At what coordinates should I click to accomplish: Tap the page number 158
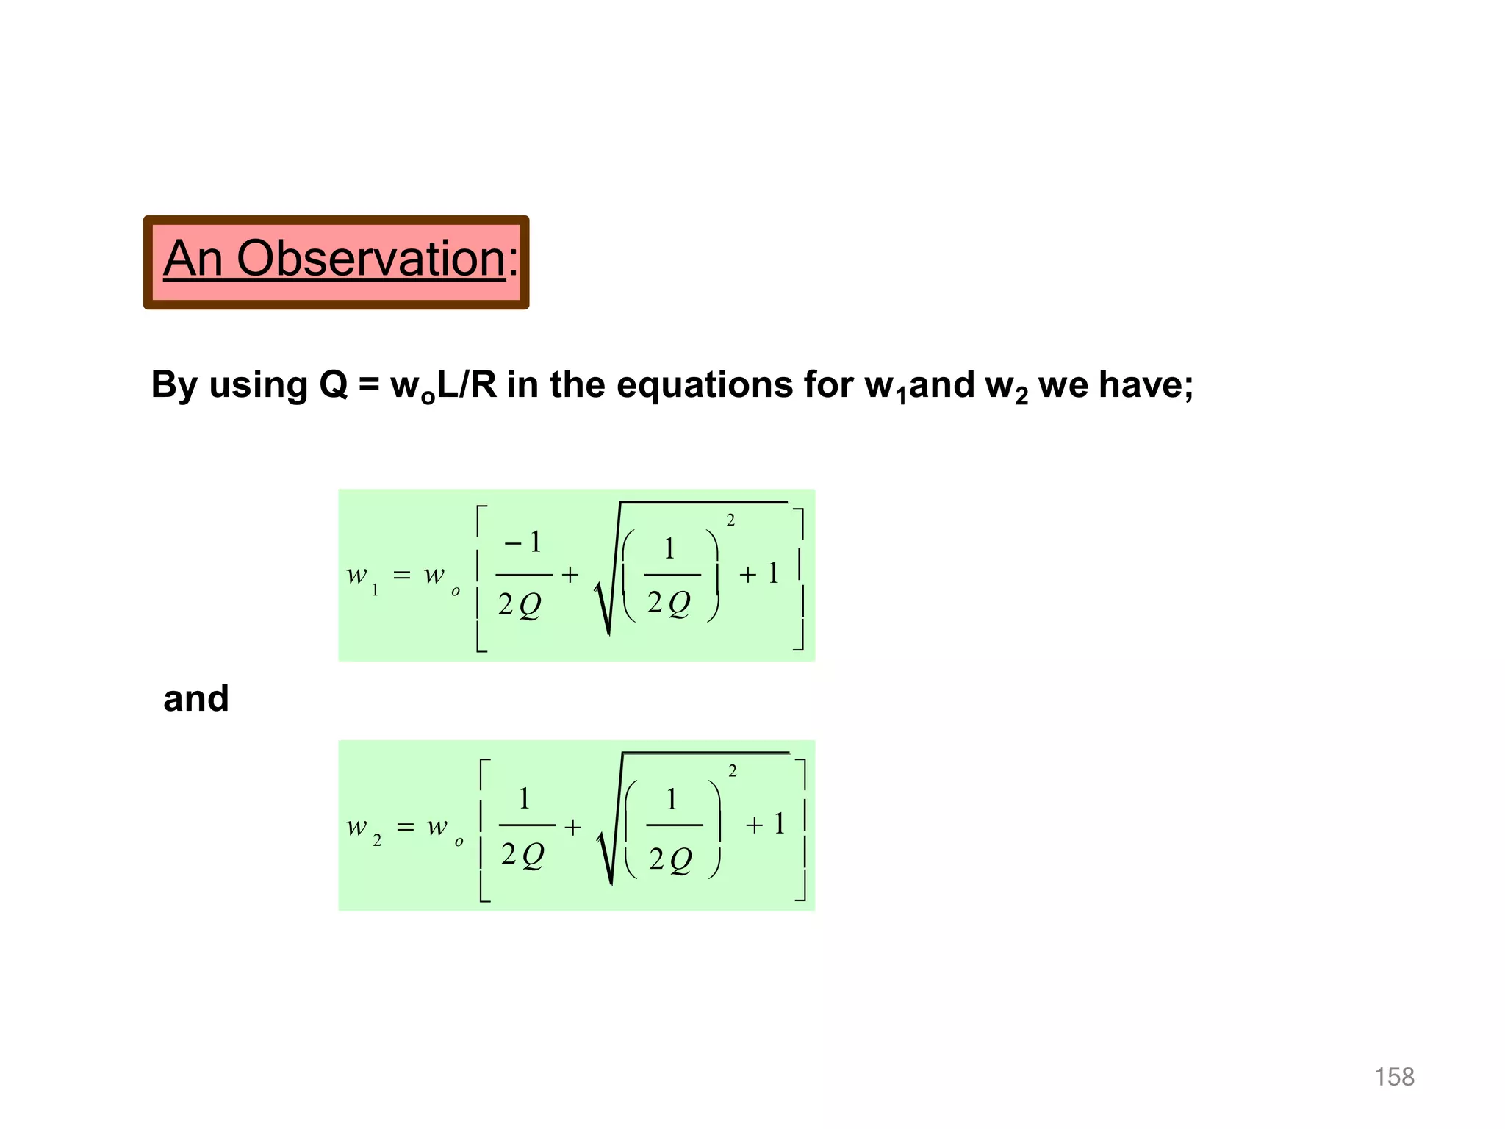point(1394,1077)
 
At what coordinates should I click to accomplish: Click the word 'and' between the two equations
point(195,698)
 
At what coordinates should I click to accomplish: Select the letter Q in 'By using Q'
point(334,384)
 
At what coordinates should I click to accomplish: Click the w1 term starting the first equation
point(362,577)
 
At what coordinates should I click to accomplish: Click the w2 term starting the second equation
point(364,828)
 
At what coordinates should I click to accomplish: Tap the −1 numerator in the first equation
point(523,542)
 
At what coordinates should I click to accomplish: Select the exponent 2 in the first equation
point(730,520)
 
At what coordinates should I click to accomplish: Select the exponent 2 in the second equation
point(732,771)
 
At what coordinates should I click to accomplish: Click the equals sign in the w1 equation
point(402,575)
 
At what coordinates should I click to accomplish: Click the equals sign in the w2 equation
point(405,828)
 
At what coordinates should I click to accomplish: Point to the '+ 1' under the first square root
point(759,573)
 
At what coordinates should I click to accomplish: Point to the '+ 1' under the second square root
point(765,824)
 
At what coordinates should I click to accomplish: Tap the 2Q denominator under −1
point(520,605)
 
